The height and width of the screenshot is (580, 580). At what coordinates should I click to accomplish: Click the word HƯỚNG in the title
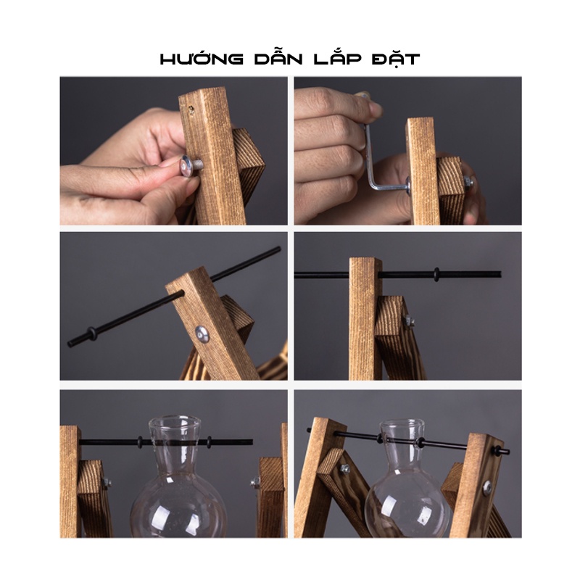[x=202, y=59]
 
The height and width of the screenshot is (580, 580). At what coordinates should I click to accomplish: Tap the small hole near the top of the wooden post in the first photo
[x=191, y=109]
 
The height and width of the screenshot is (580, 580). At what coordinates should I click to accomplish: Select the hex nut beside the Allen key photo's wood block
[x=467, y=182]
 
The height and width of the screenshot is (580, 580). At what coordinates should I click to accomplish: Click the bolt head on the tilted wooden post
[x=202, y=334]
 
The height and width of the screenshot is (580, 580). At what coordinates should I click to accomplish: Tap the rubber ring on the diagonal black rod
[x=90, y=333]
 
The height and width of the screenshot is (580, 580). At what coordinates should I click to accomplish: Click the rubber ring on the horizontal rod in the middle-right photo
[x=437, y=275]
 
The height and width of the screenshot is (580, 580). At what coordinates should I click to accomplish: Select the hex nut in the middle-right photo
[x=409, y=320]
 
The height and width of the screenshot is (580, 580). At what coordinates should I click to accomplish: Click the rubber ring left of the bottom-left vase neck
[x=140, y=442]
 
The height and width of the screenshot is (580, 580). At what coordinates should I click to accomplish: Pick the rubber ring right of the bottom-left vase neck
[x=209, y=442]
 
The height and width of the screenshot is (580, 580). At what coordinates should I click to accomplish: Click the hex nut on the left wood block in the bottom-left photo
[x=107, y=482]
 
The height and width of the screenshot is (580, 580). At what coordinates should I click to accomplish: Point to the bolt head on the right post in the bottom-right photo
[x=487, y=488]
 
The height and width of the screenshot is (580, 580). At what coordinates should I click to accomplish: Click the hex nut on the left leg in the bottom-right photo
[x=345, y=468]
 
